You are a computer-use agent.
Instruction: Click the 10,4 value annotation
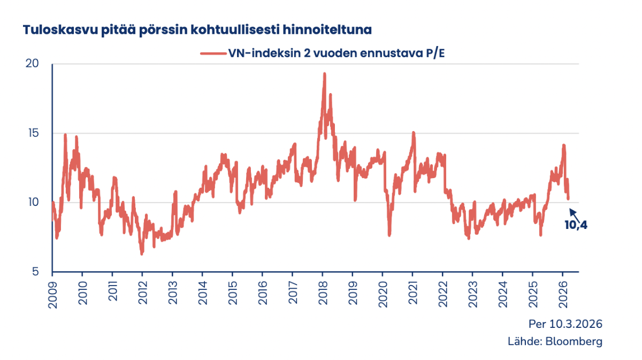pos(576,225)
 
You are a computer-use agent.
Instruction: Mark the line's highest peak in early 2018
pos(324,74)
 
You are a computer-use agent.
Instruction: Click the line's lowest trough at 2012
pos(142,254)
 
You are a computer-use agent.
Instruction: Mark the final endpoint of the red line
pos(568,198)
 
